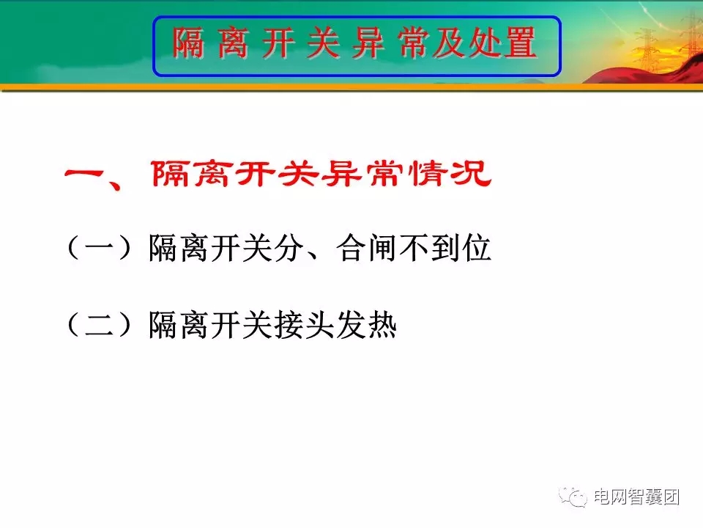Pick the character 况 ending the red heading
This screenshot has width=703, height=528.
click(471, 174)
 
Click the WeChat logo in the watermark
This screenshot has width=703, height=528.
click(572, 497)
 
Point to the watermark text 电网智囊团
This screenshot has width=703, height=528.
click(636, 497)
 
